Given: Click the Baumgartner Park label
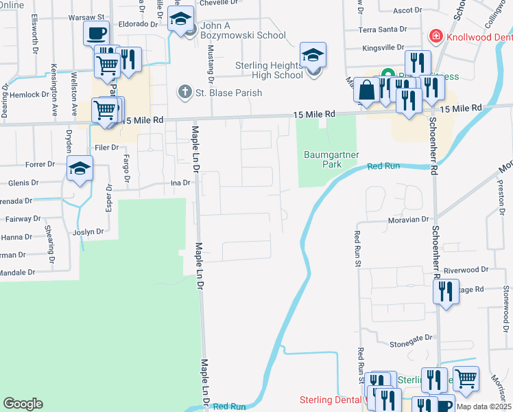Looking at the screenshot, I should point(331,159).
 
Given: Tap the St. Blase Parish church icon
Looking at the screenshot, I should point(184,91).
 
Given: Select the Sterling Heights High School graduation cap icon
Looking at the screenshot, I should point(312,55).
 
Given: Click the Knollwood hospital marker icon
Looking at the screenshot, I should point(434,36).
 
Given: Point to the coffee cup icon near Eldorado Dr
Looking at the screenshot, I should point(97,32).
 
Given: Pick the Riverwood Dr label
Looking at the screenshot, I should point(466,271).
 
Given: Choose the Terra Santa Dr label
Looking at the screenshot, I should point(382,30).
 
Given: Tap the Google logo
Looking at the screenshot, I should point(23,404).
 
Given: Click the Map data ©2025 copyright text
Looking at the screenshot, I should point(484,407).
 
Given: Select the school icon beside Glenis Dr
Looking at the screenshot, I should point(79,169).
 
